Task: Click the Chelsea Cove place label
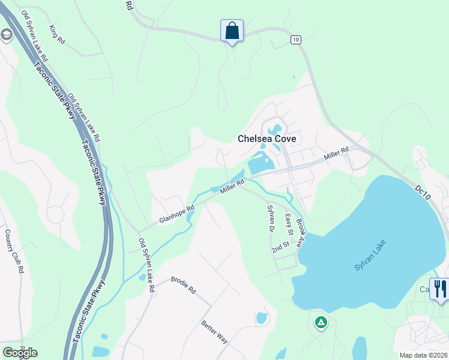(x=268, y=139)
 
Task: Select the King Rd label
(x=57, y=34)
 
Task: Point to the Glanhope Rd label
(x=176, y=214)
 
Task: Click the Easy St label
(x=289, y=225)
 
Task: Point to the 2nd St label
(x=280, y=246)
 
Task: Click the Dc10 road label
(x=423, y=193)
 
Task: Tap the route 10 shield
(x=295, y=40)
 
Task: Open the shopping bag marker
(x=232, y=31)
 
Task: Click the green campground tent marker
(x=321, y=323)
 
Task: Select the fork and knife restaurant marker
(x=440, y=289)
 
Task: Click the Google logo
(x=20, y=353)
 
